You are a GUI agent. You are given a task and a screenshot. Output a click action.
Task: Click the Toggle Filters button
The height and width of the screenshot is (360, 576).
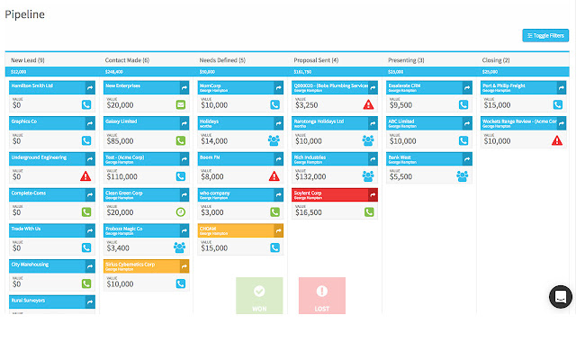point(545,36)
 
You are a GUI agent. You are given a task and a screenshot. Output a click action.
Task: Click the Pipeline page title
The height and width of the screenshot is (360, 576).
point(24,14)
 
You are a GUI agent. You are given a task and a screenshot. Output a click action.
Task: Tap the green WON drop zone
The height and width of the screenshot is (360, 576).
point(259,296)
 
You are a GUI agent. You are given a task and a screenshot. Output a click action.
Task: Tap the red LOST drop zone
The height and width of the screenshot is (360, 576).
point(321,296)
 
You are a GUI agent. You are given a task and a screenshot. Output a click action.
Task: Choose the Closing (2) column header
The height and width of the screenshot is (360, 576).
point(497,59)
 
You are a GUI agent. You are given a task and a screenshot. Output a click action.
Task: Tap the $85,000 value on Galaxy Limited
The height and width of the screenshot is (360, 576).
point(121,140)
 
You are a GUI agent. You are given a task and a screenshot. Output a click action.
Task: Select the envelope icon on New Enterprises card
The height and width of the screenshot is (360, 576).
point(181,104)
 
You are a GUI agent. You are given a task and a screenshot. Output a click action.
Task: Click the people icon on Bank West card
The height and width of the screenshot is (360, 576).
point(462,176)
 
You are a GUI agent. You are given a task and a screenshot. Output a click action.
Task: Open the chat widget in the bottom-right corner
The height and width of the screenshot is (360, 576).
point(560,297)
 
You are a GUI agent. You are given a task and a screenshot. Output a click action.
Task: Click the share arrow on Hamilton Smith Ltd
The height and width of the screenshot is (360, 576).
point(89,87)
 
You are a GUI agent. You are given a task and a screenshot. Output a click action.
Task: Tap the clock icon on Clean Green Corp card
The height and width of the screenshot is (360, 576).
point(181,212)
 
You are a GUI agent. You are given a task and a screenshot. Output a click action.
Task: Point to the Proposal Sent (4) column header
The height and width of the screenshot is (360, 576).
point(316,59)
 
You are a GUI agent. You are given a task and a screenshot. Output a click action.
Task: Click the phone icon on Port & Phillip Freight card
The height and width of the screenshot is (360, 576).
point(556,104)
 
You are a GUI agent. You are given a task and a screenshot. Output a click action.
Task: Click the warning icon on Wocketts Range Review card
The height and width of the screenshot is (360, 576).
point(556,140)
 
